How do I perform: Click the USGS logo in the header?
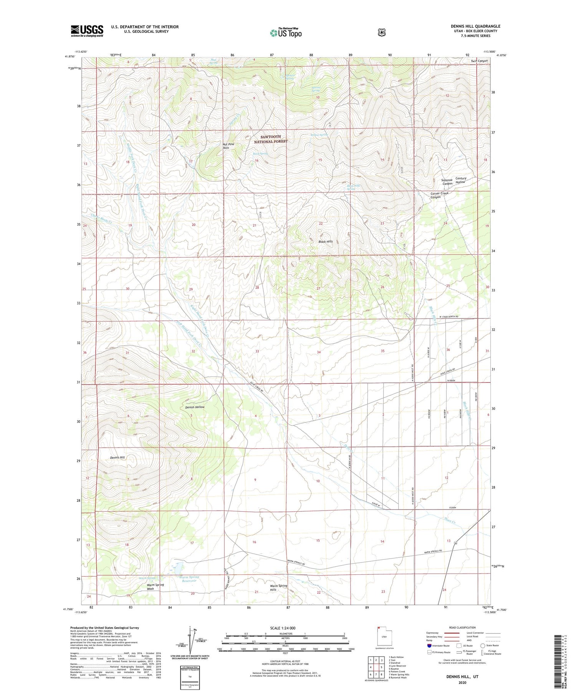[87, 31]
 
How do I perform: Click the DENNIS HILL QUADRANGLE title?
[475, 27]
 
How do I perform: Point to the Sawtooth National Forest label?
[271, 139]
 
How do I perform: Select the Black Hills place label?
[326, 241]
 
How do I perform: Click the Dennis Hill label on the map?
[117, 457]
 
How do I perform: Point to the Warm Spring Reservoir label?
[189, 579]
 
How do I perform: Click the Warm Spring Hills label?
[278, 587]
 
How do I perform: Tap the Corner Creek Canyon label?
[439, 195]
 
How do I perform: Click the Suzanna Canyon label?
[447, 181]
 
